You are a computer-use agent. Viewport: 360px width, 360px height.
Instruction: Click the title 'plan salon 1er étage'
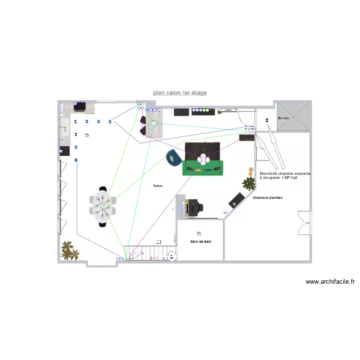[x=180, y=93]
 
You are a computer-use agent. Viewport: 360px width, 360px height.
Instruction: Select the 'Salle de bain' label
[x=200, y=241]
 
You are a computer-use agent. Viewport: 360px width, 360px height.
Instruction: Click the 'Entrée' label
[x=284, y=118]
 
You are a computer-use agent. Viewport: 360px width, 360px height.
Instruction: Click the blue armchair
[x=173, y=158]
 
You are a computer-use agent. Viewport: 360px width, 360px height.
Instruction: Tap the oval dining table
[x=102, y=206]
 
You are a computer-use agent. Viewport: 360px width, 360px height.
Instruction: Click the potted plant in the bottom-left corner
[x=69, y=250]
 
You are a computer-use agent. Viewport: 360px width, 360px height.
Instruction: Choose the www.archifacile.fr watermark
[x=330, y=282]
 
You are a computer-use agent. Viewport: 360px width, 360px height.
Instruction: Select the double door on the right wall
[x=304, y=223]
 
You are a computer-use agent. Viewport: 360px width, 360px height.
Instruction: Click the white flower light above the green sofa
[x=203, y=159]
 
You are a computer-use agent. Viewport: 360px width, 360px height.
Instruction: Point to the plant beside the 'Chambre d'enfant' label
[x=249, y=182]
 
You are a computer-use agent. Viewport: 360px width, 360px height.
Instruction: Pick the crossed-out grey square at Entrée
[x=292, y=116]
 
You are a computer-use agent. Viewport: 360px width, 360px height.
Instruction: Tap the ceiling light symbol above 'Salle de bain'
[x=200, y=233]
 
